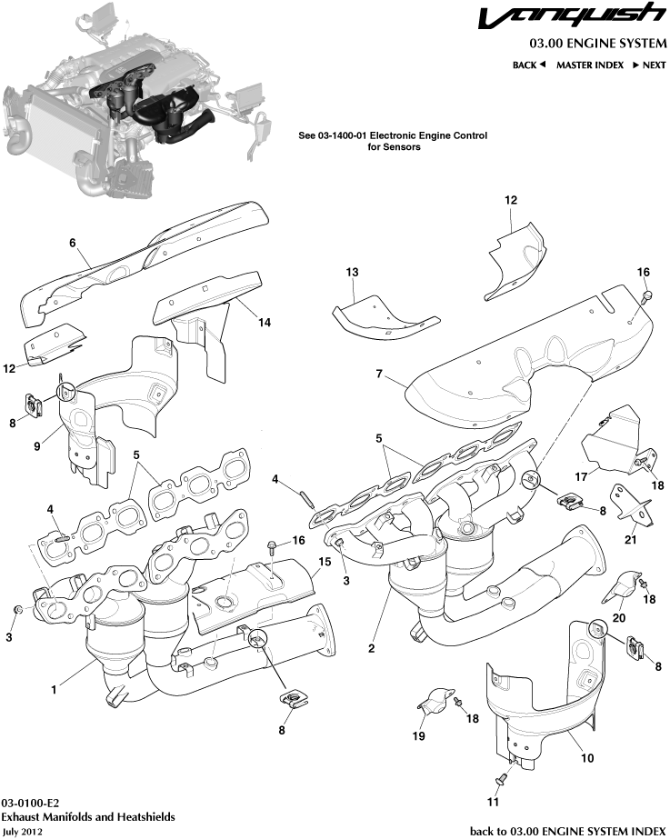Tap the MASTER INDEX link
tap(589, 65)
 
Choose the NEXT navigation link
tap(649, 65)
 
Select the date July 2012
tap(23, 831)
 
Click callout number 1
tap(55, 690)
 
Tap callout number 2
tap(371, 649)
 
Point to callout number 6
tap(71, 243)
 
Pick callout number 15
tap(320, 562)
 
